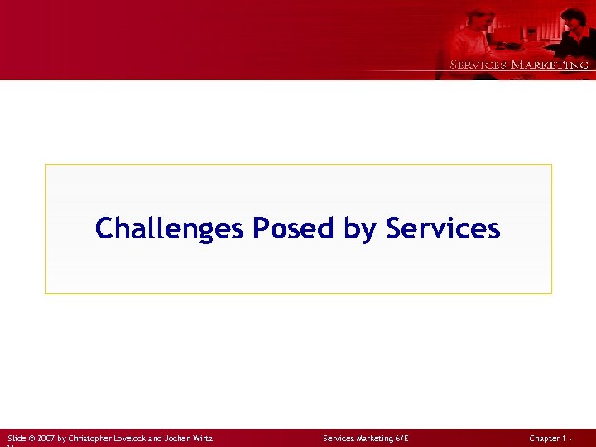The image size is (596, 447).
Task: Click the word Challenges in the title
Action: pyautogui.click(x=170, y=228)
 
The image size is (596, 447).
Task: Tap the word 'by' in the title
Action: pyautogui.click(x=360, y=229)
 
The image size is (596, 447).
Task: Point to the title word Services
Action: pyautogui.click(x=443, y=228)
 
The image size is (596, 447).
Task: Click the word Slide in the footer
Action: pyautogui.click(x=17, y=438)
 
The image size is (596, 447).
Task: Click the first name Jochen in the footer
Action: pyautogui.click(x=178, y=438)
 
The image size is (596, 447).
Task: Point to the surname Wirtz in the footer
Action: pyautogui.click(x=203, y=438)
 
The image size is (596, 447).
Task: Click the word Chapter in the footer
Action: pyautogui.click(x=546, y=438)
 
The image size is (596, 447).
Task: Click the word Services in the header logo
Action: pyautogui.click(x=478, y=65)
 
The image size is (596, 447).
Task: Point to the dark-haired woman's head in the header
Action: pyautogui.click(x=573, y=18)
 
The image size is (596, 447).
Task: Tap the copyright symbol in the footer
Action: pyautogui.click(x=31, y=438)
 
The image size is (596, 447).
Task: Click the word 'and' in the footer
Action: pyautogui.click(x=156, y=438)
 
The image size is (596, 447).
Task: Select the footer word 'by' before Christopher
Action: pyautogui.click(x=63, y=438)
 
